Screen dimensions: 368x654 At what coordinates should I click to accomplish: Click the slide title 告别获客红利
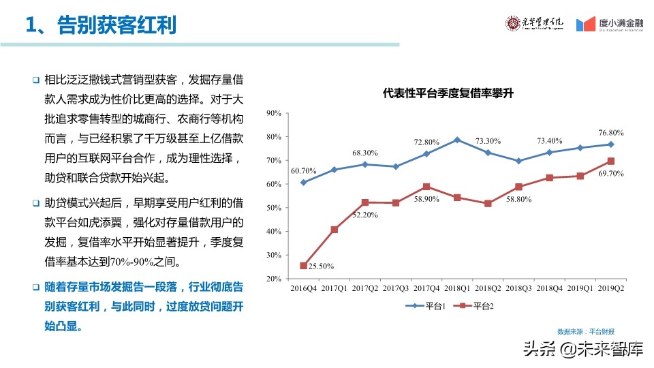101,25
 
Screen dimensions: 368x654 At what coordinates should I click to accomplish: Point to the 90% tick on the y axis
273,113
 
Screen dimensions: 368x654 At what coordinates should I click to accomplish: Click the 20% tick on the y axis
273,279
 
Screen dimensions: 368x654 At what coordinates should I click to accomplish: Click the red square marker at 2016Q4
303,266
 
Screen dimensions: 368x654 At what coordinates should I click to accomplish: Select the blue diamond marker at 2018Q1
457,140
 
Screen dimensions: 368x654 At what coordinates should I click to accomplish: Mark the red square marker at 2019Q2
611,162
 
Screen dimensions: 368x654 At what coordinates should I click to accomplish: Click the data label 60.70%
303,170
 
